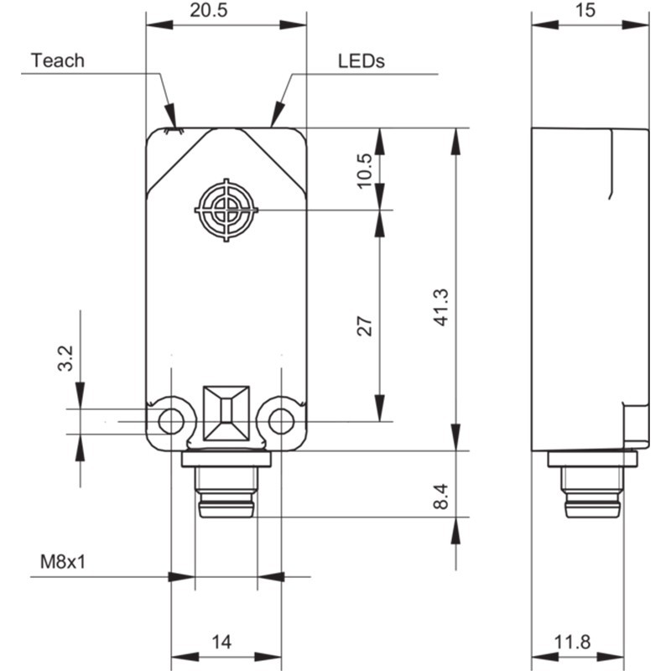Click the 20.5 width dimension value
pos(208,10)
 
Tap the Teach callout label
pos(58,60)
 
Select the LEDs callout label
pos(362,60)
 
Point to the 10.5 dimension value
pos(365,171)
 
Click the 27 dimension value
pos(365,326)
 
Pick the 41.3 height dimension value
pos(441,308)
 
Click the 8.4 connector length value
pos(441,497)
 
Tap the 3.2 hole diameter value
pos(65,358)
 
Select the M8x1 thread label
pos(62,561)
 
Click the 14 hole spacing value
pos(221,642)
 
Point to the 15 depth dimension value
pos(585,10)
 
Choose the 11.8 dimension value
pos(573,642)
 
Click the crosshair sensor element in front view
pos(226,211)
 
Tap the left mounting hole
pos(171,422)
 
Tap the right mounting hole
pos(282,422)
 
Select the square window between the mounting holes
pos(226,414)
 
